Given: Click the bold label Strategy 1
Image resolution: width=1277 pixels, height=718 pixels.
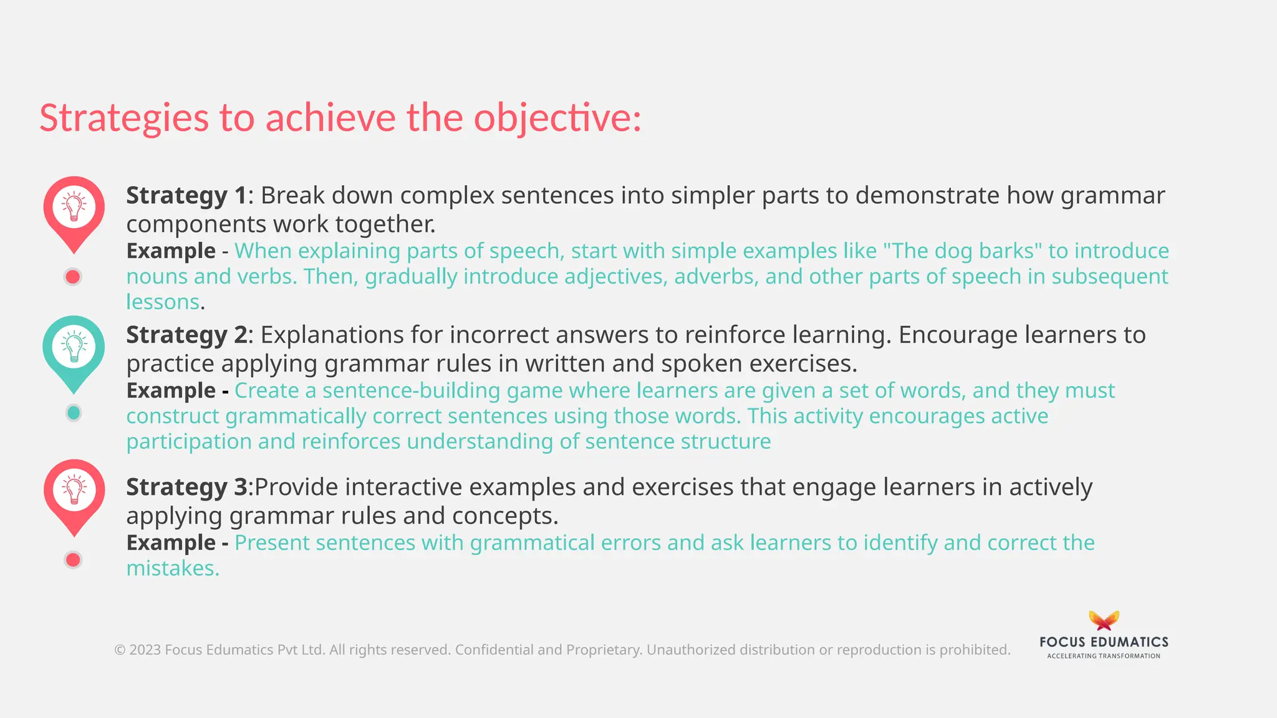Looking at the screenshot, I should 186,196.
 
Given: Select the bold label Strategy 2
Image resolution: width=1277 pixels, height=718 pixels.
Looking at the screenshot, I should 186,335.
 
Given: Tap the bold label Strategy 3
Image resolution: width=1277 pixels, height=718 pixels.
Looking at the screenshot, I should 186,487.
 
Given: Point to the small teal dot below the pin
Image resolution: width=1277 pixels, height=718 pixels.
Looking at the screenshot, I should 74,413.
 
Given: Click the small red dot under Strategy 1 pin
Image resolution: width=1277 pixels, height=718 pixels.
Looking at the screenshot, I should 73,277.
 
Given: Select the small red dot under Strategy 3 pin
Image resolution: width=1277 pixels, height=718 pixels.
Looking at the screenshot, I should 73,560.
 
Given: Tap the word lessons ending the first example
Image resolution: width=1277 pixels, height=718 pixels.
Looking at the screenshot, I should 163,302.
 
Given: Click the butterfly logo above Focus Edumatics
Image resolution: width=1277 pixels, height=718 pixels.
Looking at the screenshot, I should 1104,621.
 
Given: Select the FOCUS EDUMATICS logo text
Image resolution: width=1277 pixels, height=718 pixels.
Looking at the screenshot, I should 1104,642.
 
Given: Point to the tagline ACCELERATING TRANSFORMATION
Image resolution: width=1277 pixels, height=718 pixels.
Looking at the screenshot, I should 1104,656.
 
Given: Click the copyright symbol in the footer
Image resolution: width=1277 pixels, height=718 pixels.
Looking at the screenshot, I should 120,650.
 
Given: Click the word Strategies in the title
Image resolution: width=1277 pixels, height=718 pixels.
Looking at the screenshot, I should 124,118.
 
